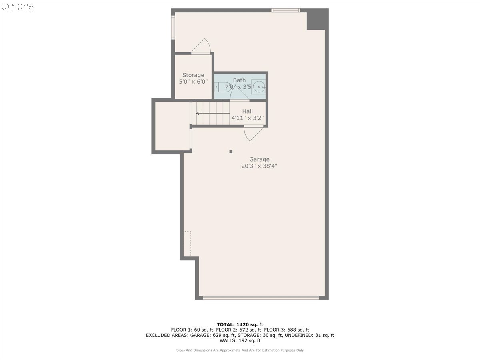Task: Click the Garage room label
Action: click(x=259, y=159)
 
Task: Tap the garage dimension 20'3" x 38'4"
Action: click(x=259, y=166)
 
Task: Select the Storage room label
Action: click(x=193, y=75)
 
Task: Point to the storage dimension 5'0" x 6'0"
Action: click(x=193, y=82)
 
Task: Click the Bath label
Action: click(x=240, y=80)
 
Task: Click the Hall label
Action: click(x=247, y=111)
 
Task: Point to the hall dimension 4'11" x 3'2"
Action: click(x=247, y=118)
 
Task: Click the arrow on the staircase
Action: click(x=198, y=114)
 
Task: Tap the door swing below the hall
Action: click(x=253, y=134)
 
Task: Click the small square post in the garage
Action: click(x=231, y=152)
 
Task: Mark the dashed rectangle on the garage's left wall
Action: click(x=188, y=244)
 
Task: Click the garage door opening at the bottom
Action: click(x=261, y=297)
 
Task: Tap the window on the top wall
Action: click(x=286, y=10)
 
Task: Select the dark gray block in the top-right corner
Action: click(x=317, y=19)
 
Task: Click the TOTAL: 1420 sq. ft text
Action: click(x=240, y=324)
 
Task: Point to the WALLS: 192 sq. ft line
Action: click(x=240, y=341)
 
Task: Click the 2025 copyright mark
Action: click(x=18, y=7)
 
